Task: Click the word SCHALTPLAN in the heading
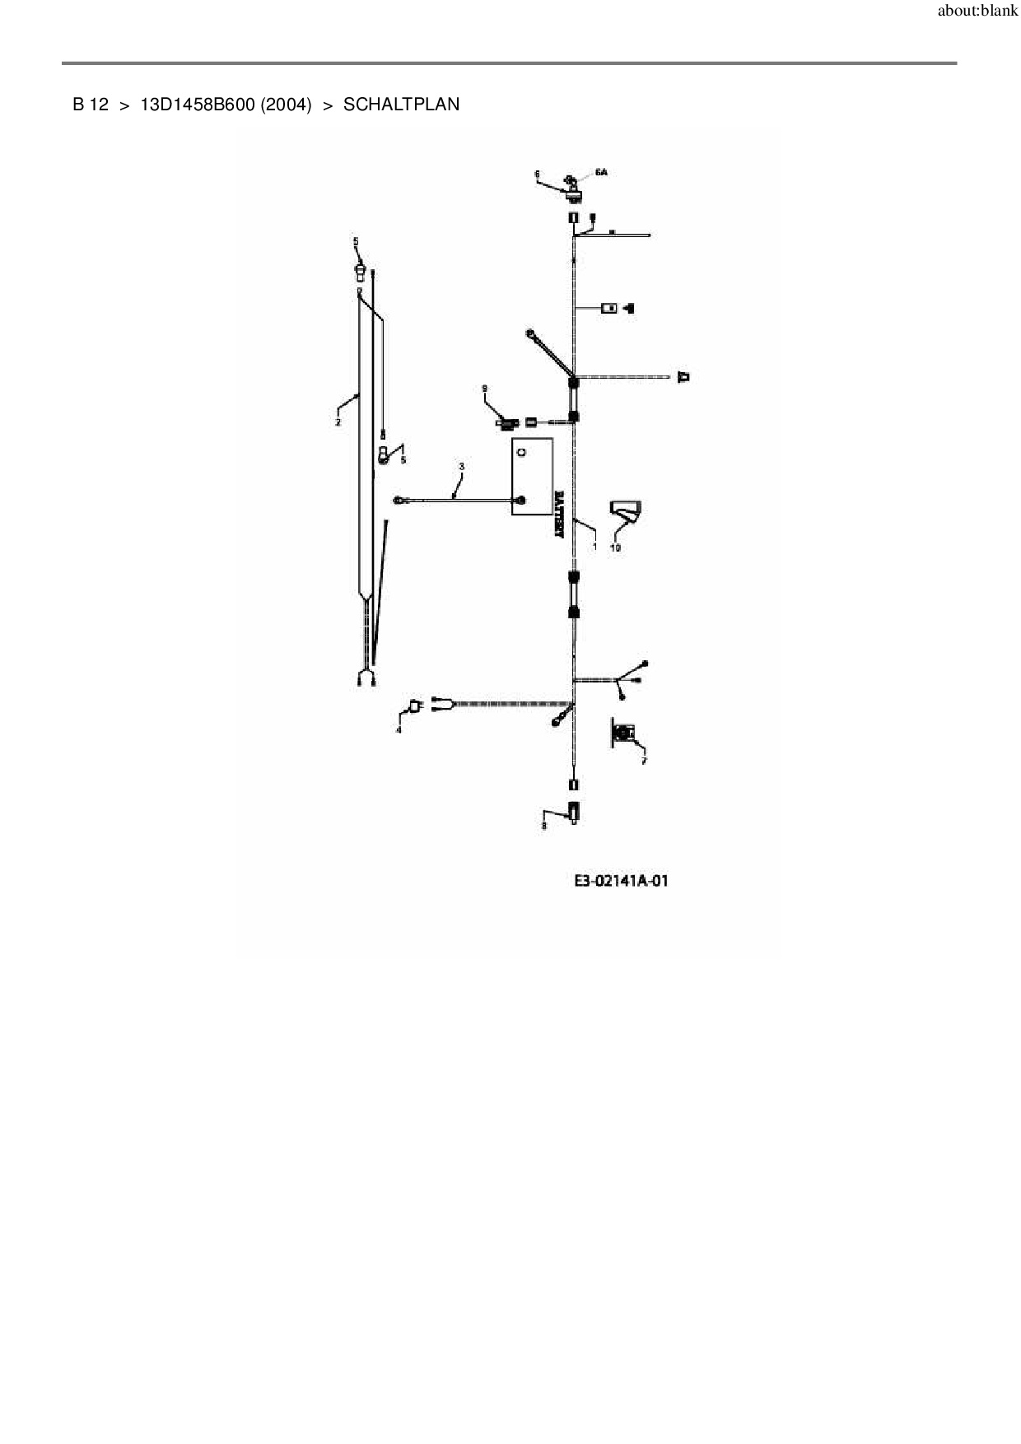(x=401, y=105)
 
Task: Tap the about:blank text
(x=977, y=12)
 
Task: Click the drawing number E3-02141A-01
(x=621, y=881)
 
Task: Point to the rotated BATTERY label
(x=560, y=515)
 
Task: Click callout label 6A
(x=600, y=172)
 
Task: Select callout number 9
(x=485, y=387)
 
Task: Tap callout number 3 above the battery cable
(x=461, y=467)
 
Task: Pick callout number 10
(x=615, y=547)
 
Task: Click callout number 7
(x=644, y=761)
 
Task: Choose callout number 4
(x=399, y=729)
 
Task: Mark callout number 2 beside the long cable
(x=338, y=422)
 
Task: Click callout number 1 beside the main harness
(x=594, y=545)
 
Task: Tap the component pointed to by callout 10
(x=626, y=512)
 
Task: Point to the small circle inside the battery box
(x=520, y=450)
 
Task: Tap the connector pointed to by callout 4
(x=415, y=706)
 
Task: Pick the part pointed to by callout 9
(x=506, y=423)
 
